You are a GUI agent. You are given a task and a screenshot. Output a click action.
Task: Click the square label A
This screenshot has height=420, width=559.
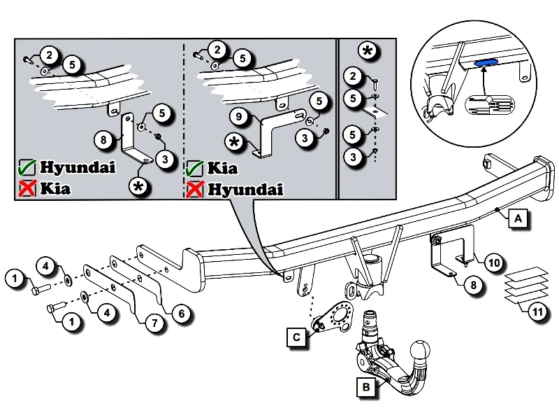pyautogui.click(x=518, y=219)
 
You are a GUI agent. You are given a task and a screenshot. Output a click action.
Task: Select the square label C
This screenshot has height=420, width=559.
pyautogui.click(x=297, y=337)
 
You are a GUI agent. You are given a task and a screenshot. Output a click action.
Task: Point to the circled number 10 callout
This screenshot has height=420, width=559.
pyautogui.click(x=493, y=262)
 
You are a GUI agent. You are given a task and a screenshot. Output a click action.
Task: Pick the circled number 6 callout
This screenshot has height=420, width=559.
pyautogui.click(x=180, y=314)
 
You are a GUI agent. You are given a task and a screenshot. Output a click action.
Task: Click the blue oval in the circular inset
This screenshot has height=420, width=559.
pyautogui.click(x=484, y=62)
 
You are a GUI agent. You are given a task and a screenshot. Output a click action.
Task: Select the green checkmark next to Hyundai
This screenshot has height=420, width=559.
pyautogui.click(x=27, y=168)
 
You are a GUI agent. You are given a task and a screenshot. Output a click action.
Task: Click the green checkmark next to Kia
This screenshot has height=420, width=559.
pyautogui.click(x=195, y=169)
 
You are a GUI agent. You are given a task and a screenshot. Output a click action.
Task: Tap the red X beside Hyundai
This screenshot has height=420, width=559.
pyautogui.click(x=195, y=189)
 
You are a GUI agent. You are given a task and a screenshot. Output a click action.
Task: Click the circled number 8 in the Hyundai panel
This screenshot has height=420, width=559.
pyautogui.click(x=103, y=139)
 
